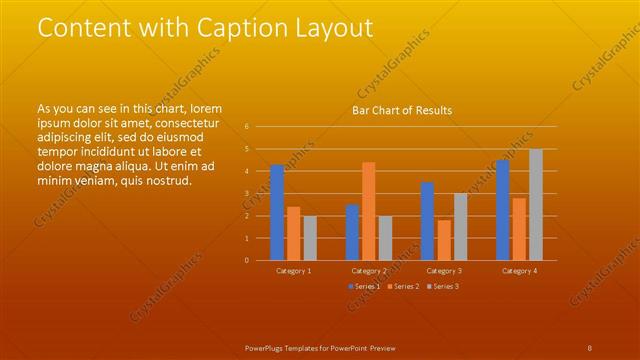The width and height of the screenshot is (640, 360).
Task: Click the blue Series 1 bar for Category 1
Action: point(277,212)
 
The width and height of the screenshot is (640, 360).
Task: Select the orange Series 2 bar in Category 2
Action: point(369,211)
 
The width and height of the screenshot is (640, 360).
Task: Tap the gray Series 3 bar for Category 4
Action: point(536,204)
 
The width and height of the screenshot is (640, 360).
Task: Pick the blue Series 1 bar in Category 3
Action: point(427,221)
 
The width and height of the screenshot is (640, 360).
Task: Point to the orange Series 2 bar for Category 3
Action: point(444,240)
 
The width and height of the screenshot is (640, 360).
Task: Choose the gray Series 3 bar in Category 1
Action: point(310,238)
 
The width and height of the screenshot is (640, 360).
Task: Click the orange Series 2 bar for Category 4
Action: point(519,229)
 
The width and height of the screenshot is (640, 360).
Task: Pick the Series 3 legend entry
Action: point(442,287)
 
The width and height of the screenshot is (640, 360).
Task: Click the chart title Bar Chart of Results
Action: point(401,110)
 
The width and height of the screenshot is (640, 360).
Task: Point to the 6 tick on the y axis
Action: point(247,127)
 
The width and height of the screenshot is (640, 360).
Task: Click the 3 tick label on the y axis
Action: point(247,194)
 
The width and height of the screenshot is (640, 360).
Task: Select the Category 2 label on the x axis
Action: point(369,271)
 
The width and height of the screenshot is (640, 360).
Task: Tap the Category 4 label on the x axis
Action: point(519,271)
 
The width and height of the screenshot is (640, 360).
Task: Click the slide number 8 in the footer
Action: point(590,347)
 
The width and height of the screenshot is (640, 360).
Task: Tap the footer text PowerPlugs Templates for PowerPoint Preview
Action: point(320,347)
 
